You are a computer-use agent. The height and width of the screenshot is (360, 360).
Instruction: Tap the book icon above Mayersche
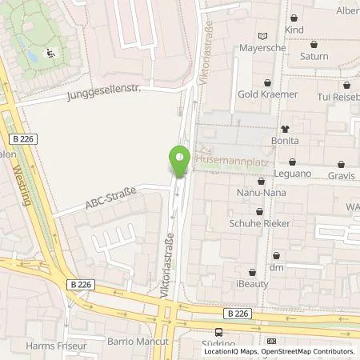[x=263, y=35]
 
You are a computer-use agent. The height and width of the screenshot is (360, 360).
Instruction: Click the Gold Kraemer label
[x=267, y=94]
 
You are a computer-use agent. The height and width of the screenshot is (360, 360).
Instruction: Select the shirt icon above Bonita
[x=284, y=128]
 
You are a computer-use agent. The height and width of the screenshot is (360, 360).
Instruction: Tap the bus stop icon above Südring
[x=219, y=332]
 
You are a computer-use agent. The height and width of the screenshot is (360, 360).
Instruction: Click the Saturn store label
[x=313, y=58]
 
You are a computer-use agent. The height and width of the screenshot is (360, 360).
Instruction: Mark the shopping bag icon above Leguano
[x=294, y=162]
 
